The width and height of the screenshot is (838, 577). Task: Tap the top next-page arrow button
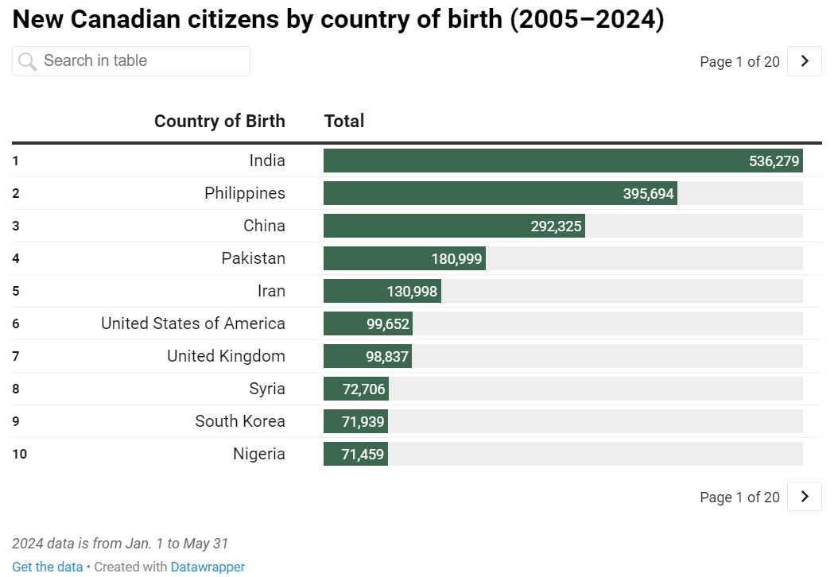(x=804, y=61)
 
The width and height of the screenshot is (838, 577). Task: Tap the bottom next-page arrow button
(x=804, y=497)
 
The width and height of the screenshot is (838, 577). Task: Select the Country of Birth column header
(x=219, y=121)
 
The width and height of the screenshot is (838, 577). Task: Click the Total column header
(x=344, y=121)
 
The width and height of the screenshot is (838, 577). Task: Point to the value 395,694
(x=648, y=193)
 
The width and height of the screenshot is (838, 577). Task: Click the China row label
(x=264, y=226)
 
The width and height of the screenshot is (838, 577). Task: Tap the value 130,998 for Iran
(x=412, y=291)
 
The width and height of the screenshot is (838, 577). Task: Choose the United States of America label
(x=193, y=323)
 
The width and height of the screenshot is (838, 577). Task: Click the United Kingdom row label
(x=226, y=356)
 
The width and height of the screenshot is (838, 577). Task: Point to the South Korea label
(x=240, y=421)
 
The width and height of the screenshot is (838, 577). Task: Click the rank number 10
(x=19, y=455)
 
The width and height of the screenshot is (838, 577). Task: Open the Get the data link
(x=47, y=567)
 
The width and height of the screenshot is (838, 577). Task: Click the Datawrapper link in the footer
(x=208, y=567)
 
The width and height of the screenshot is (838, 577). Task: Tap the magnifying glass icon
(x=28, y=61)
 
